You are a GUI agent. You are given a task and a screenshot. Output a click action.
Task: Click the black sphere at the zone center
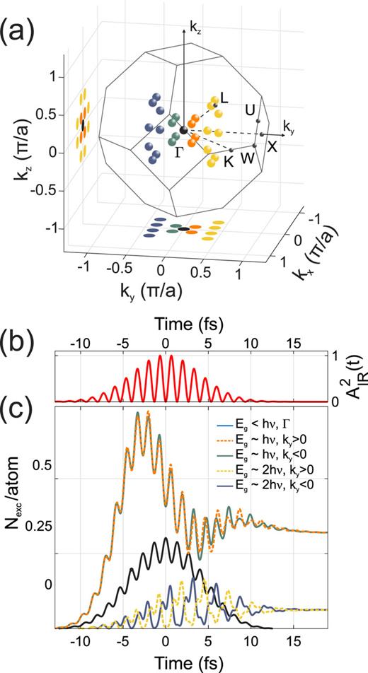(x=184, y=130)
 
